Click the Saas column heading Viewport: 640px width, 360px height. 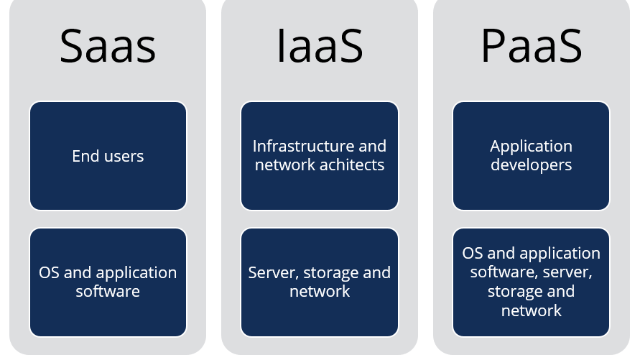[108, 46]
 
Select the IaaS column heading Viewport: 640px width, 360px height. [320, 46]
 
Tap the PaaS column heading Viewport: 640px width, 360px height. [532, 46]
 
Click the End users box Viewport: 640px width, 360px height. [108, 156]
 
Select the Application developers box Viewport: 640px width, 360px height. [532, 156]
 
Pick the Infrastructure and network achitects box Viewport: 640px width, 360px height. [320, 156]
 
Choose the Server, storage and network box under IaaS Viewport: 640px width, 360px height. [320, 282]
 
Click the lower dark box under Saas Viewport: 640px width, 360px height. [108, 282]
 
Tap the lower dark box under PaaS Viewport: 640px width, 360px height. [532, 282]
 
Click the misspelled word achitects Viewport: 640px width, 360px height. [353, 165]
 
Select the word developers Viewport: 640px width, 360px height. [532, 165]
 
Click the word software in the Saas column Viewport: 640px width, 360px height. [108, 291]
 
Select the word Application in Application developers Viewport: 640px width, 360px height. [532, 147]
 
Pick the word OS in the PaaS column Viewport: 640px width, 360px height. [473, 254]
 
